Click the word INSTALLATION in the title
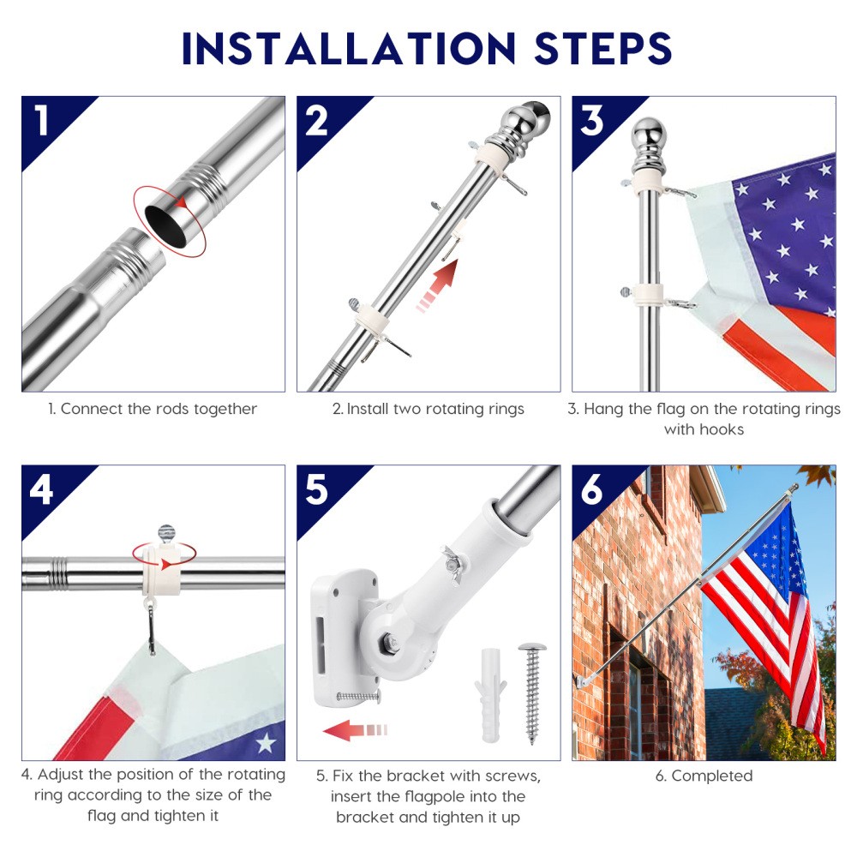pyautogui.click(x=349, y=48)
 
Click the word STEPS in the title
pyautogui.click(x=602, y=48)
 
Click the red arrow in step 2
pyautogui.click(x=437, y=285)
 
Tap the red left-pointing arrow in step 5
pyautogui.click(x=356, y=730)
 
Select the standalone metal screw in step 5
pyautogui.click(x=533, y=693)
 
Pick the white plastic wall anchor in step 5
pyautogui.click(x=490, y=695)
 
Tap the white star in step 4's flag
pyautogui.click(x=267, y=742)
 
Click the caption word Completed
pyautogui.click(x=711, y=776)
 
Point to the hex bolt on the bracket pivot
pyautogui.click(x=390, y=639)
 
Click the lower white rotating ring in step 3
pyautogui.click(x=648, y=294)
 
